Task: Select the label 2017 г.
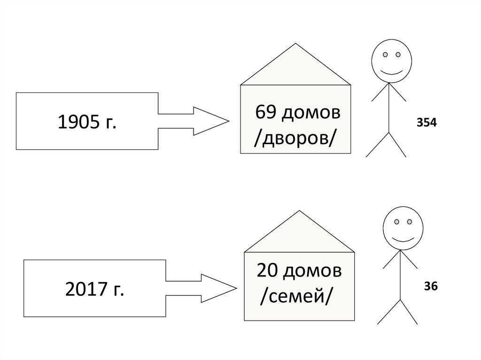click(x=95, y=290)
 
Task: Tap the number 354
click(x=427, y=123)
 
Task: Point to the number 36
click(x=431, y=286)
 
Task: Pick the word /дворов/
click(x=295, y=138)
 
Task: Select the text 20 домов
click(x=299, y=271)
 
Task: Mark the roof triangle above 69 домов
click(x=295, y=68)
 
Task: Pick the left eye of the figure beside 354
click(x=385, y=54)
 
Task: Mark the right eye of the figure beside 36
click(x=409, y=221)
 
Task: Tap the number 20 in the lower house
click(x=266, y=271)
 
